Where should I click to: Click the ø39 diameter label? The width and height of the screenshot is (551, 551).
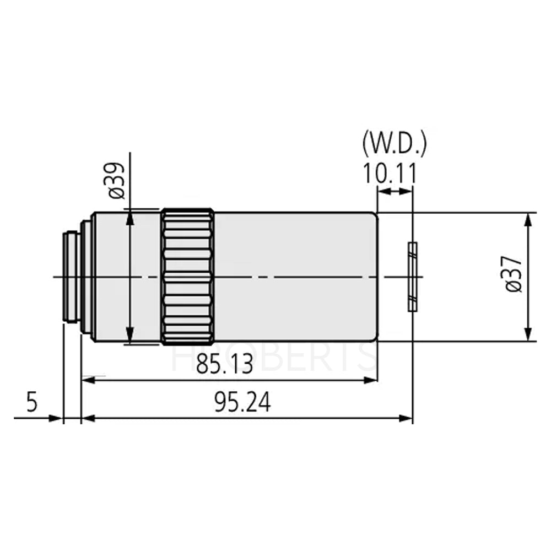[118, 180]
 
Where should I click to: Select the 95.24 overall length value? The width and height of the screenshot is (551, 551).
[242, 404]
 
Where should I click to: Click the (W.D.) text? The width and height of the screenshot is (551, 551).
[395, 144]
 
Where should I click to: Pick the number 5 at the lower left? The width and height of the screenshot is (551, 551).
[32, 402]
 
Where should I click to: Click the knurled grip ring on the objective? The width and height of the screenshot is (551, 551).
[188, 277]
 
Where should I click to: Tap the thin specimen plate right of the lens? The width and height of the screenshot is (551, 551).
[412, 277]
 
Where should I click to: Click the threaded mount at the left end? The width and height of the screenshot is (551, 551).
[72, 277]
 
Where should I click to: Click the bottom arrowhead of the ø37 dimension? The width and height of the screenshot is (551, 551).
[528, 336]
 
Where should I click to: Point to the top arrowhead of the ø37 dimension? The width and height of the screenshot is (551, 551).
[528, 218]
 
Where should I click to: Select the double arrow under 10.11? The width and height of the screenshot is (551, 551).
[395, 191]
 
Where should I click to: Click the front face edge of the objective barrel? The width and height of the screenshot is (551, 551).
[377, 277]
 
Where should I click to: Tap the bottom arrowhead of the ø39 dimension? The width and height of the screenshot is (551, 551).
[129, 337]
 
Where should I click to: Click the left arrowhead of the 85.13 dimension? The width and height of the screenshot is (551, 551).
[87, 379]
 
